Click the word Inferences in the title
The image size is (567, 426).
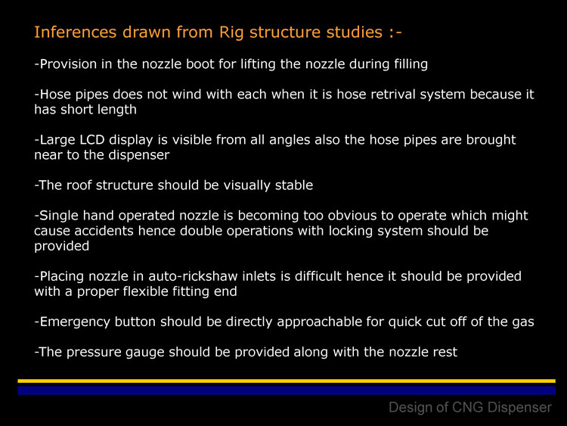click(75, 32)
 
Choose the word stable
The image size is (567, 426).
click(293, 185)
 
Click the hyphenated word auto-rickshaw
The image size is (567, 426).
click(193, 276)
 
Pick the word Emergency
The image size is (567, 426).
click(75, 322)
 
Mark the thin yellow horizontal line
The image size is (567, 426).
click(287, 381)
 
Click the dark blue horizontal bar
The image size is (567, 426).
click(287, 390)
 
